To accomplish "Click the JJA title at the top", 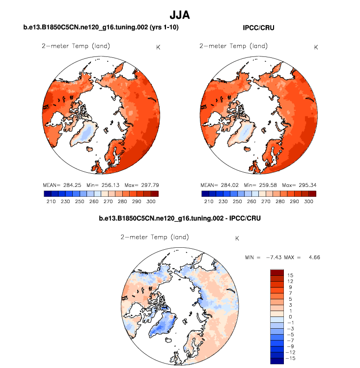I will (x=179, y=15).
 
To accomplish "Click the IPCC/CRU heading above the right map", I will (x=258, y=28).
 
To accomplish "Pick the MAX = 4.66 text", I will (x=305, y=257).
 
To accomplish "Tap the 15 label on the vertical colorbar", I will (x=290, y=275).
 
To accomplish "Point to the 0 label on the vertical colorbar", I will (x=290, y=317).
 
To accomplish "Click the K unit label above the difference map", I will (x=237, y=239).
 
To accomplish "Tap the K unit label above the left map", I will (x=158, y=48).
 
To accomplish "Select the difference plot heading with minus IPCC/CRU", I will (x=179, y=217).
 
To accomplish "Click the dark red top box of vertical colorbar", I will (x=277, y=272).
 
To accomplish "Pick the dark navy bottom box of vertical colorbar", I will (x=277, y=361).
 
